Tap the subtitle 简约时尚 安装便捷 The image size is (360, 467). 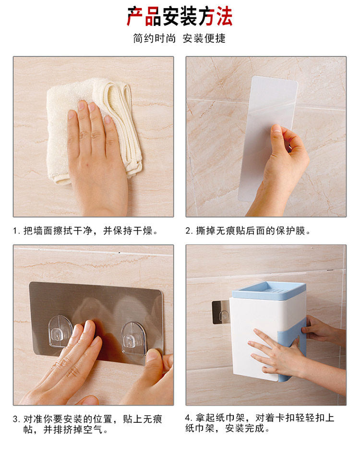(180, 38)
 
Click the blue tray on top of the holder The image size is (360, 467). (269, 290)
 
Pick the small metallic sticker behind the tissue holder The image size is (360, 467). (220, 312)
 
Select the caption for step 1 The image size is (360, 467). (85, 231)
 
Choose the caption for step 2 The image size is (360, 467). (248, 231)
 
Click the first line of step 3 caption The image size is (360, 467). (87, 419)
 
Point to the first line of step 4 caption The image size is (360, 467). (259, 418)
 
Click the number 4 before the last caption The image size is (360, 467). (187, 418)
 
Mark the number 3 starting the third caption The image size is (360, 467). (15, 419)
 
